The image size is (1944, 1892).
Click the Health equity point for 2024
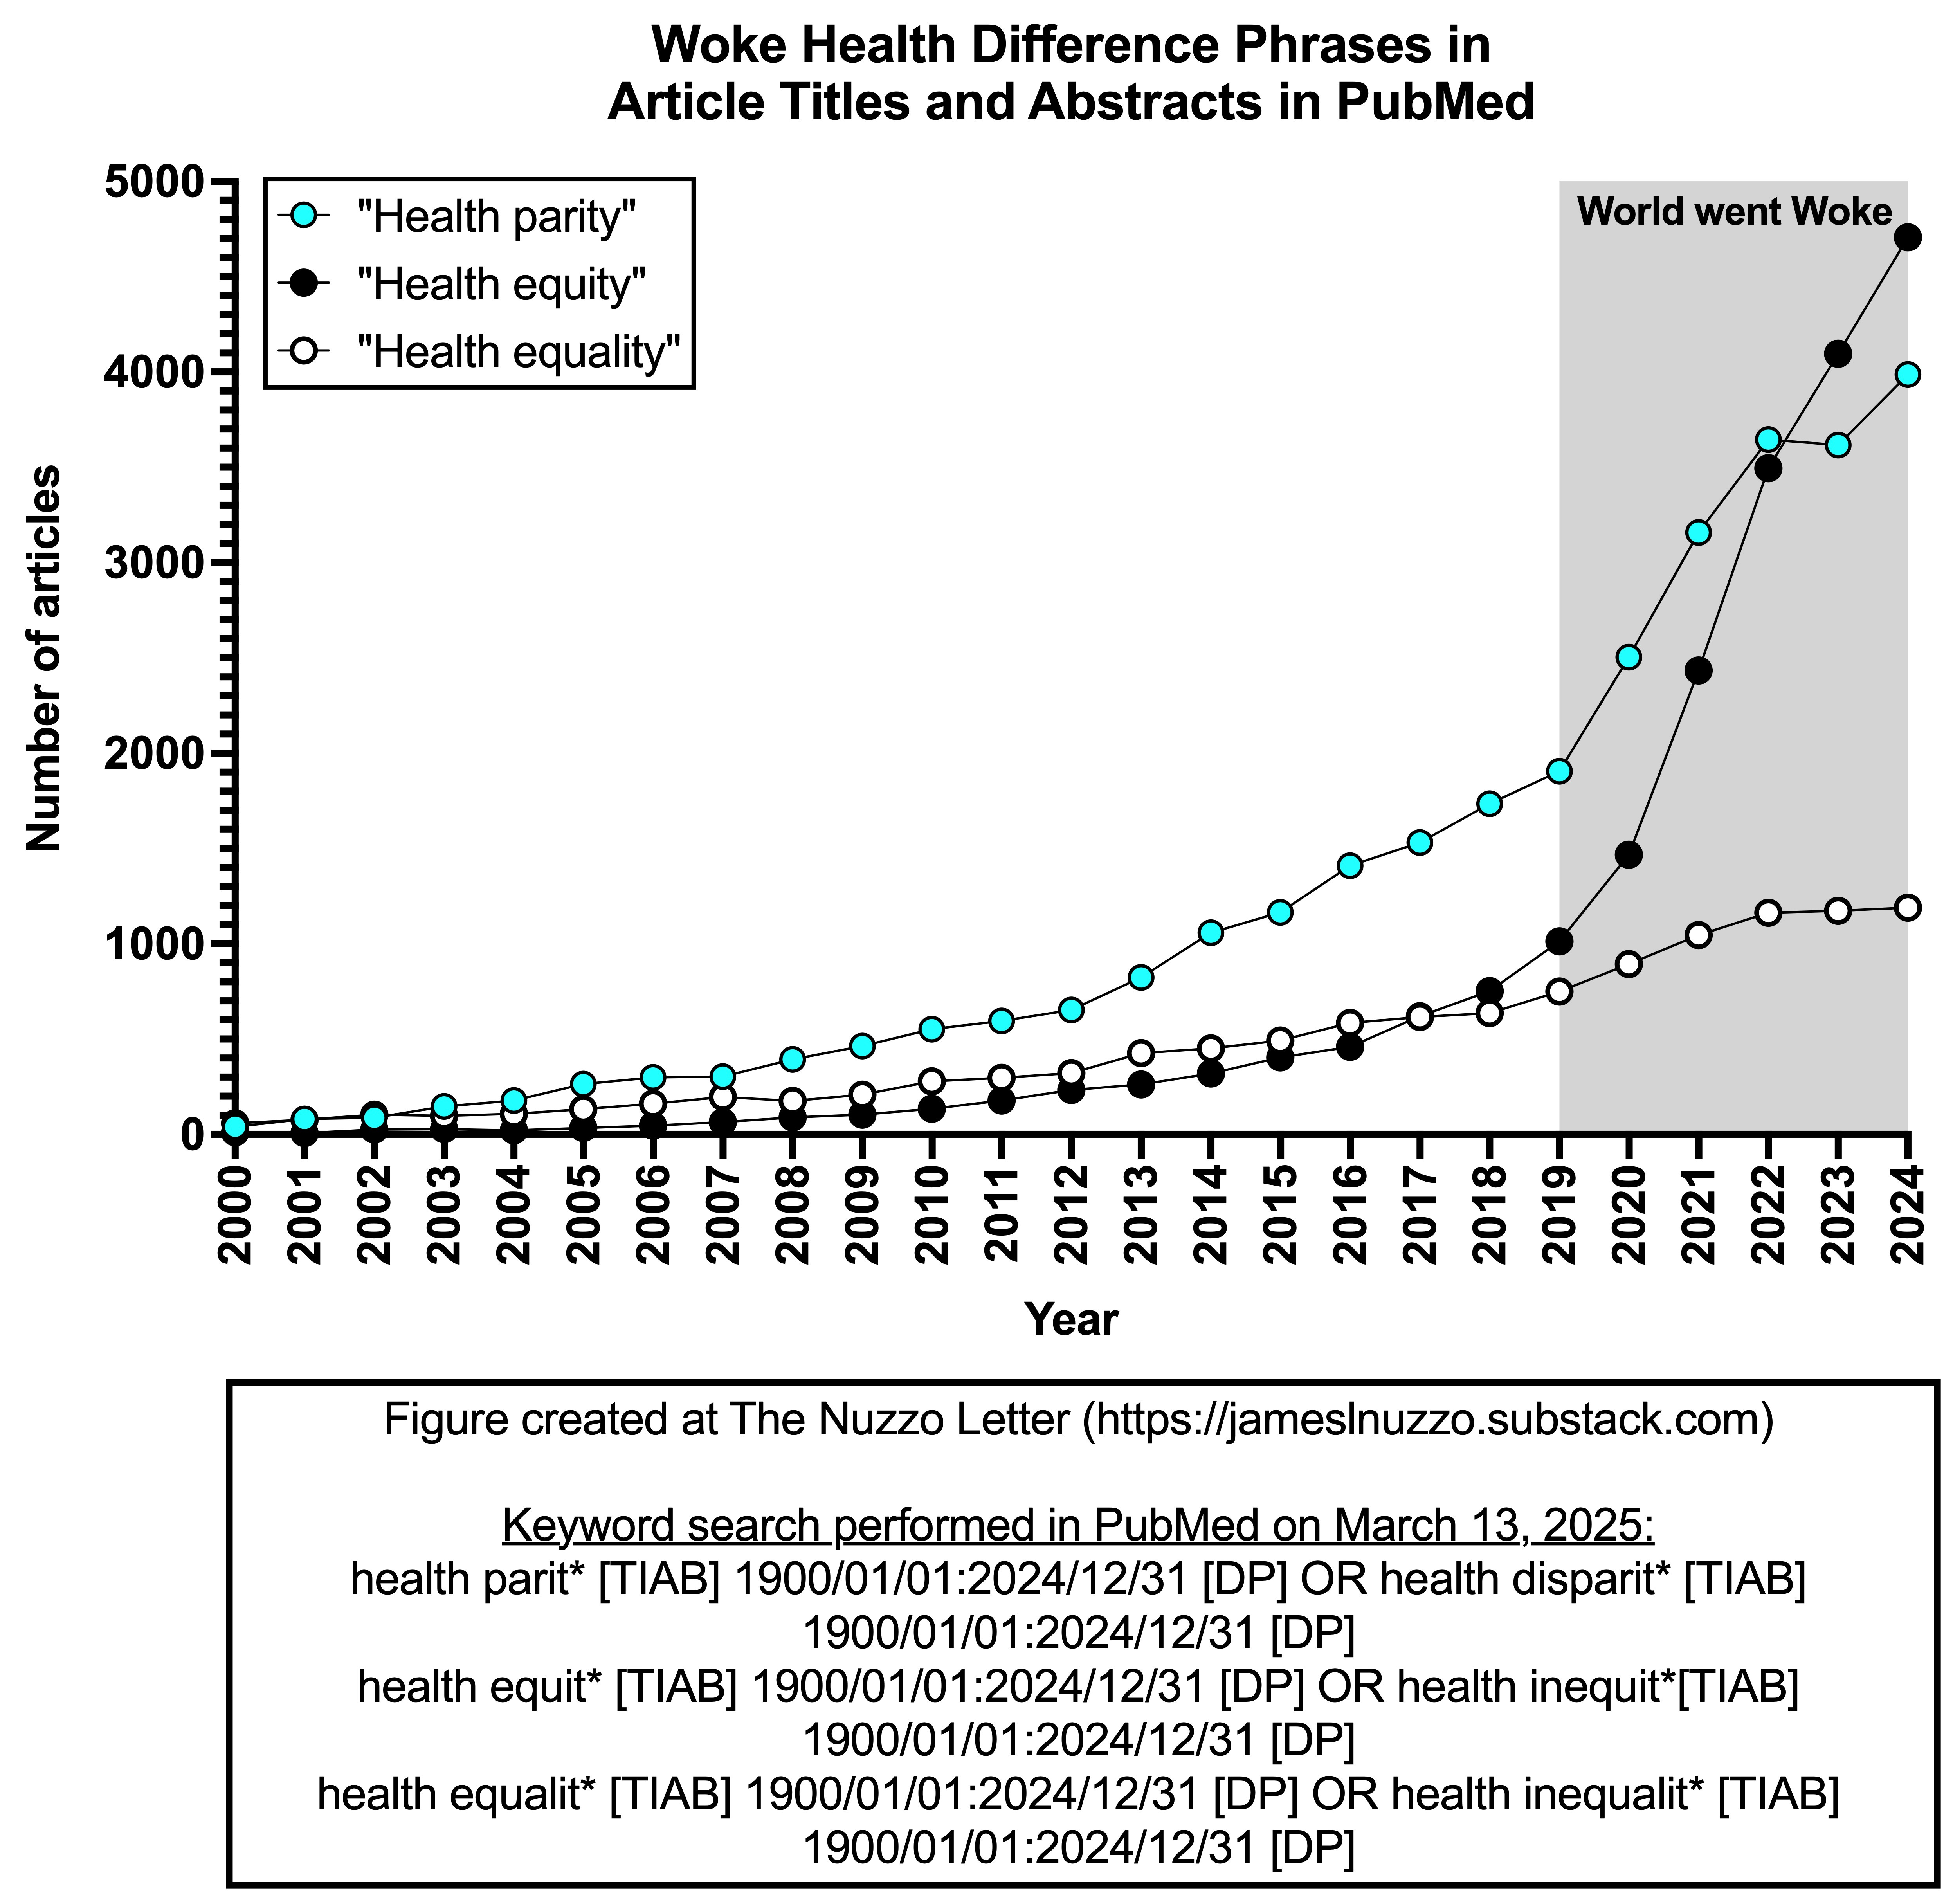(x=1907, y=238)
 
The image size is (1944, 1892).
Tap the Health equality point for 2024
(x=1907, y=907)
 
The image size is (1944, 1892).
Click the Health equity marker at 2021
(x=1699, y=671)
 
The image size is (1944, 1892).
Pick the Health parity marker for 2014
(x=1211, y=932)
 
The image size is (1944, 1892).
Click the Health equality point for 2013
(x=1141, y=1052)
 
